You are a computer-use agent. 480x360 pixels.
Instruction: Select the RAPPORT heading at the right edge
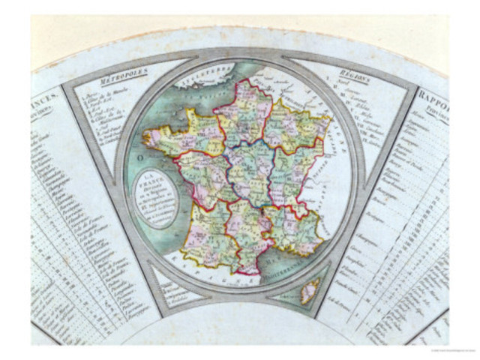pyautogui.click(x=433, y=96)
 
